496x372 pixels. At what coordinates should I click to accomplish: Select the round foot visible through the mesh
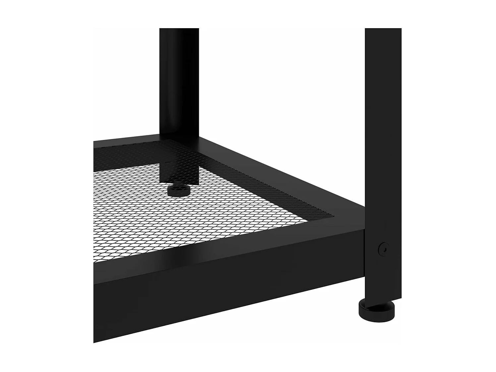pos(179,191)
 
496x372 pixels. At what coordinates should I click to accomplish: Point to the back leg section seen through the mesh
pos(179,171)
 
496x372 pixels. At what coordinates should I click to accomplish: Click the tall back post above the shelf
pos(179,83)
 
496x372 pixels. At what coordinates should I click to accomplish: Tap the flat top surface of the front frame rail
pos(229,245)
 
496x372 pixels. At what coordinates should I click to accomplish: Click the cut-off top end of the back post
pos(179,29)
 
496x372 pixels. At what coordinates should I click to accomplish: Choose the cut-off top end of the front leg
pos(383,29)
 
